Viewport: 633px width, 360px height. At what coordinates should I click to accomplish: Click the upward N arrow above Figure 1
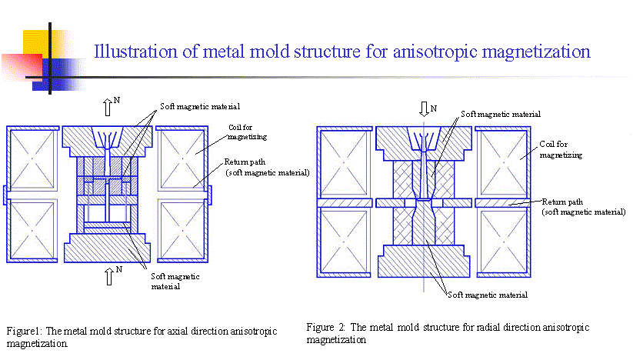pyautogui.click(x=108, y=107)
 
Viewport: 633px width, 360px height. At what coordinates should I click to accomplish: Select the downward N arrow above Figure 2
pyautogui.click(x=423, y=108)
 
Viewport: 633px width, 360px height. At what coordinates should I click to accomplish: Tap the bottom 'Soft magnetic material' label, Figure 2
pyautogui.click(x=488, y=294)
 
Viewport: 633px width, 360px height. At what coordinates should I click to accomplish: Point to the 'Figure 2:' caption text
pyautogui.click(x=323, y=327)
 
